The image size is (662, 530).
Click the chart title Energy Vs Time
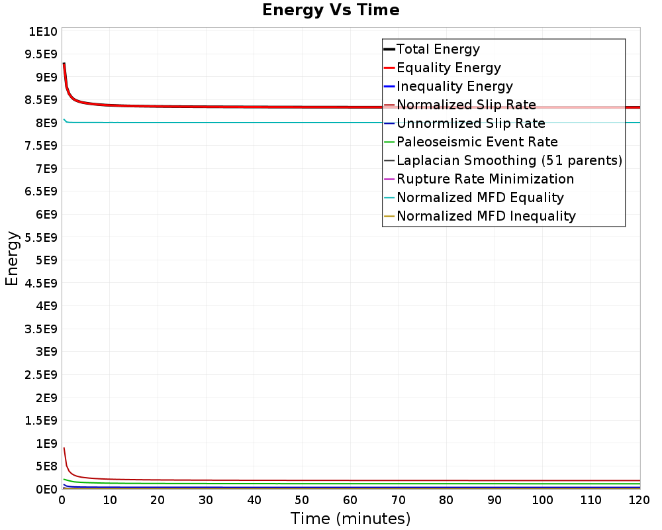coord(330,10)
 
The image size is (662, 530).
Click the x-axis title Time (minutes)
coord(350,518)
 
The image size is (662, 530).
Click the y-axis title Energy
coord(12,258)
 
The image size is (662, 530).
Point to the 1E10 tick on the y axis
coord(42,32)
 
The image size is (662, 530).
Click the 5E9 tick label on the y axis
coord(46,260)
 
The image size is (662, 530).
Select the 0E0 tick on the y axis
coord(46,490)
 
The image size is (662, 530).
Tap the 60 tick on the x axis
coord(350,500)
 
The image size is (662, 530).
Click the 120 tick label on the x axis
coord(639,500)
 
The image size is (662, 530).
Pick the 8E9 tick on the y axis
coord(46,123)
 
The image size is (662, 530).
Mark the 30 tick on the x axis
coord(206,500)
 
